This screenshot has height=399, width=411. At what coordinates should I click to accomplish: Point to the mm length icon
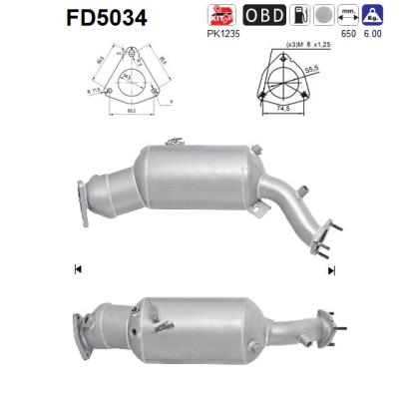point(349,15)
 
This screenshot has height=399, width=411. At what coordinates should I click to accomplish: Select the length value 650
point(348,35)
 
